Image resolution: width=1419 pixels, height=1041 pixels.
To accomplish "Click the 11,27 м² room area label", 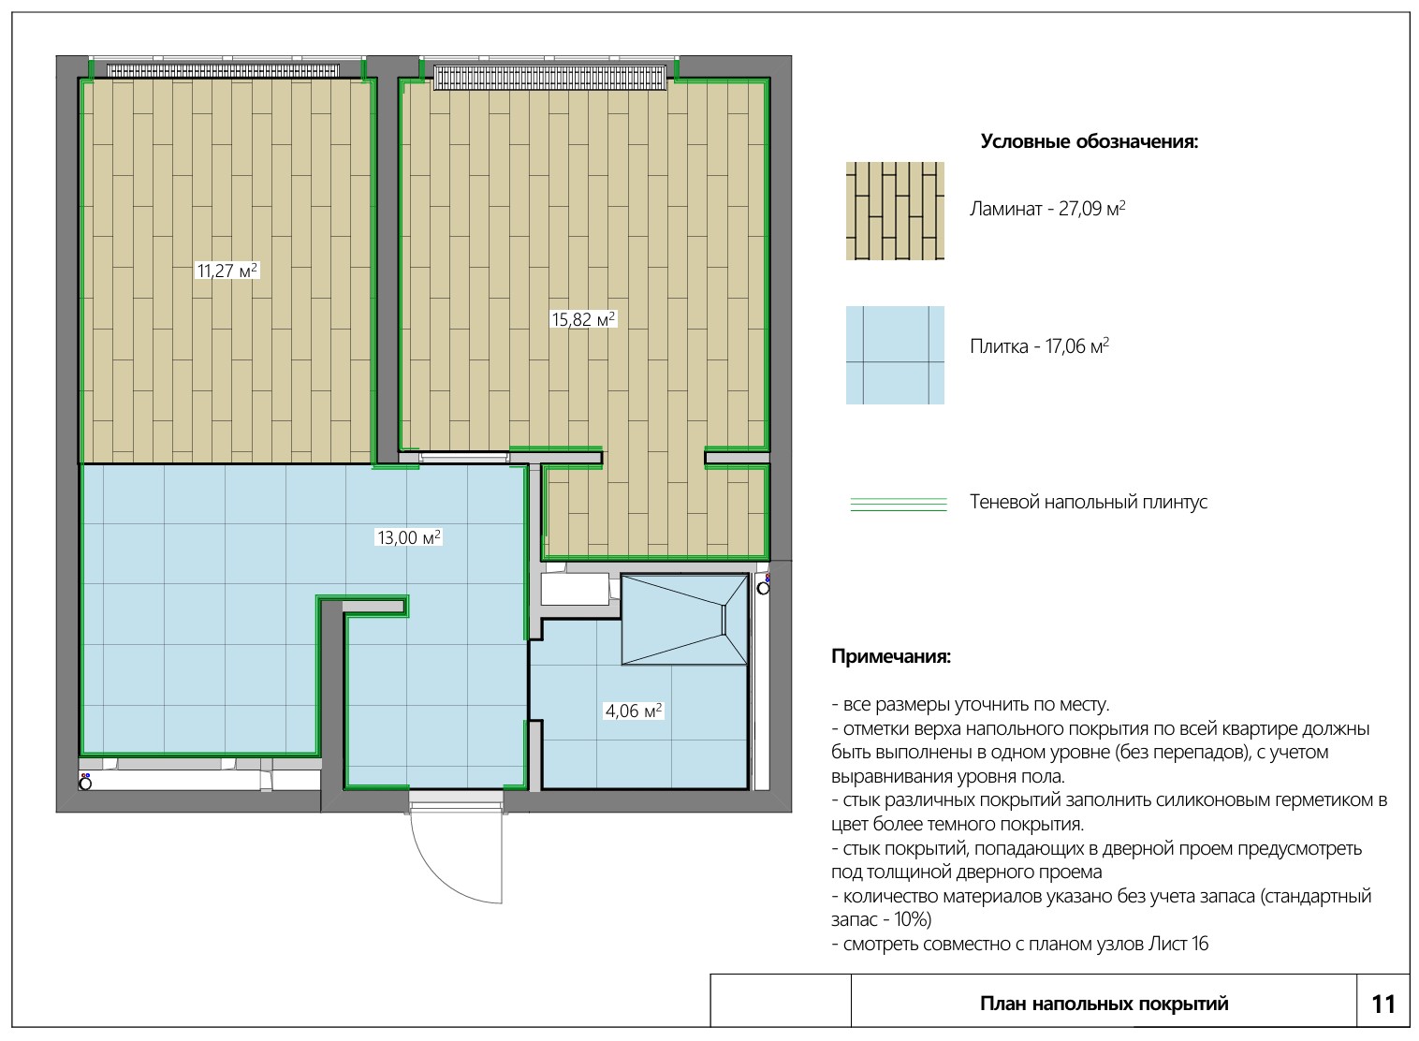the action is pos(227,271).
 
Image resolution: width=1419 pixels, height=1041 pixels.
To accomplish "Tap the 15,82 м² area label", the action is pos(583,318).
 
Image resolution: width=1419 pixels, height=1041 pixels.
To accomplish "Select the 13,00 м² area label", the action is pos(409,537).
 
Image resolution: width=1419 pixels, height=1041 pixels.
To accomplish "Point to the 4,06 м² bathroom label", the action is pos(634,711).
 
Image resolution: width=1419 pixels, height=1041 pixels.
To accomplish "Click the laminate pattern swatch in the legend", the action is pos(895,211).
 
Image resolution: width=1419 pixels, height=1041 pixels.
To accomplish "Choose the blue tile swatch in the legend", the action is pos(895,355).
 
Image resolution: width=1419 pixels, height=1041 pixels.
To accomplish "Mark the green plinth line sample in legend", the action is pos(899,504).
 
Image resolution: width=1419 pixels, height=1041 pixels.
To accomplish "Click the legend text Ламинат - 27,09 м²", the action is pos(1047,209).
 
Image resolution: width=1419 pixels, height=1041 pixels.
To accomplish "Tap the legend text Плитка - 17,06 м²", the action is pos(1039,346).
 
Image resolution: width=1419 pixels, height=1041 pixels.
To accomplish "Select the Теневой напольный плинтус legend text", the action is pos(1089,502).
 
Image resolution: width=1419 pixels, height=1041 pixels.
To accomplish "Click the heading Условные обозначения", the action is pos(1089,141).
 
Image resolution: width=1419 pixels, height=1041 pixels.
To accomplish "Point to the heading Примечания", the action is pos(891,656).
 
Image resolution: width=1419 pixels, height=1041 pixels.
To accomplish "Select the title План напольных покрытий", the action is pos(1104,1004).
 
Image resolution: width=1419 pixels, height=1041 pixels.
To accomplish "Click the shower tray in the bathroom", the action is pos(684,619).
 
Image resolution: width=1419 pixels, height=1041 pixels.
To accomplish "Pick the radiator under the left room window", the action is pos(223,70).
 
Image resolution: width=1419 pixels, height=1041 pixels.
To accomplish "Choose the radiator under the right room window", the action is pos(549,77).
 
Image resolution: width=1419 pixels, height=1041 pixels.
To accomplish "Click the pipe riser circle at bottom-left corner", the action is pos(85,784).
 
